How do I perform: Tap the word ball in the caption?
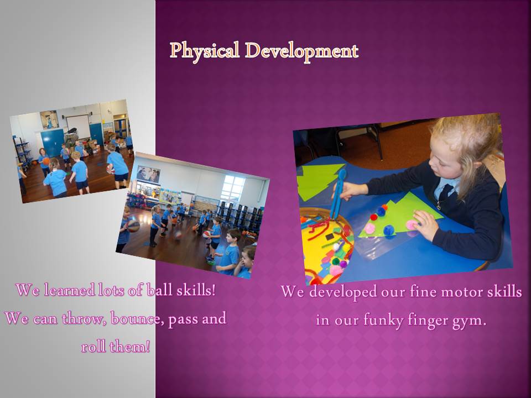[x=159, y=290]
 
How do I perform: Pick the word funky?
[x=384, y=320]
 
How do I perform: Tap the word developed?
[x=343, y=292]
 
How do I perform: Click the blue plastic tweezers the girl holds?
[x=338, y=195]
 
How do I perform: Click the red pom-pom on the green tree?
[x=373, y=217]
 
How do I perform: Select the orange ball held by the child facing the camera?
[x=46, y=161]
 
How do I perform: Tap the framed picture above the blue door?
[x=49, y=119]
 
